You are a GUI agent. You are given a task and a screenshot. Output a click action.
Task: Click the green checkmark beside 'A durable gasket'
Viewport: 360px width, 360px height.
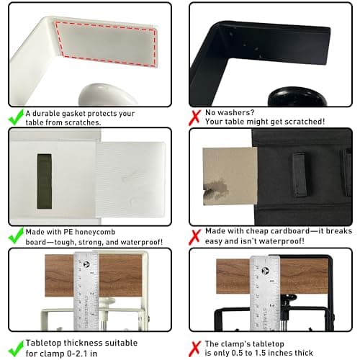coord(14,114)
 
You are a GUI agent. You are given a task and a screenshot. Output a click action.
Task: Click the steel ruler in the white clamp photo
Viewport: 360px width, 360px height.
coord(86,288)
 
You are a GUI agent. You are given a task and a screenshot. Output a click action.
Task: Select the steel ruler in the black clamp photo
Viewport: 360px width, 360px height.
coord(264,288)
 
